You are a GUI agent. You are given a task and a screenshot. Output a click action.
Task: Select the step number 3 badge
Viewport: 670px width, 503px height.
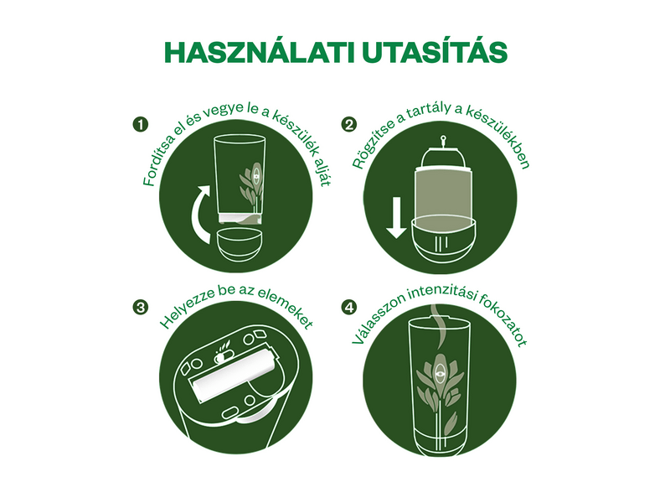click(x=140, y=307)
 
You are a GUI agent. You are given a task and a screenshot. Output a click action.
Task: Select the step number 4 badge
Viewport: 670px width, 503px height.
click(x=349, y=307)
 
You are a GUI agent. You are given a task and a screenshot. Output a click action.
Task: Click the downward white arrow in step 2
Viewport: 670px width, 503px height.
click(x=396, y=219)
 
